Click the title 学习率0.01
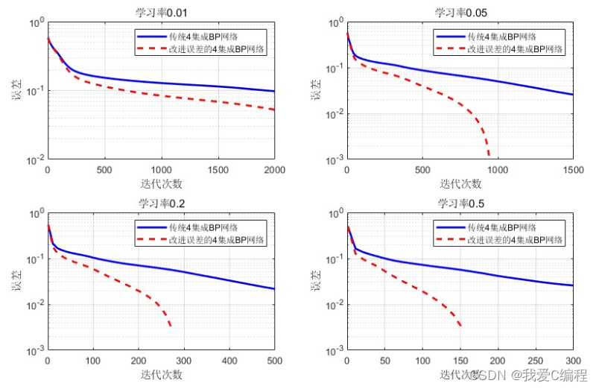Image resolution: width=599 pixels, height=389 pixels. (161, 11)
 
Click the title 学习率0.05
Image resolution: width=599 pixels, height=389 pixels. (460, 11)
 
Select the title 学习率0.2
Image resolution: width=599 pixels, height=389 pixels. (161, 203)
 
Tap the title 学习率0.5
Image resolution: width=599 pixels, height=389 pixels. (460, 203)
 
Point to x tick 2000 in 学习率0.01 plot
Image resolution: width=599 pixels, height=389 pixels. (275, 170)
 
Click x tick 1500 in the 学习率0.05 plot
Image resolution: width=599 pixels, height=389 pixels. (573, 170)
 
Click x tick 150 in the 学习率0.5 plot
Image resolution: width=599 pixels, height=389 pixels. (460, 361)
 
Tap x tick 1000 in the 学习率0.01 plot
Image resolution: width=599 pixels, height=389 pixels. (161, 170)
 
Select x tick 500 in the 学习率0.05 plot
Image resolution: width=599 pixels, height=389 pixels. (422, 170)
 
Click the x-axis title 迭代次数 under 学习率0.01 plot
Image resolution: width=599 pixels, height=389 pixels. (161, 183)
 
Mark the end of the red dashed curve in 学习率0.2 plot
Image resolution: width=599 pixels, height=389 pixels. (171, 326)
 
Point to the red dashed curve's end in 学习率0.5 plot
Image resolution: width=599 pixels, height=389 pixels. (460, 326)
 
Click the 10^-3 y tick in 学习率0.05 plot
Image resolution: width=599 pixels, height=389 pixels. (335, 159)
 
